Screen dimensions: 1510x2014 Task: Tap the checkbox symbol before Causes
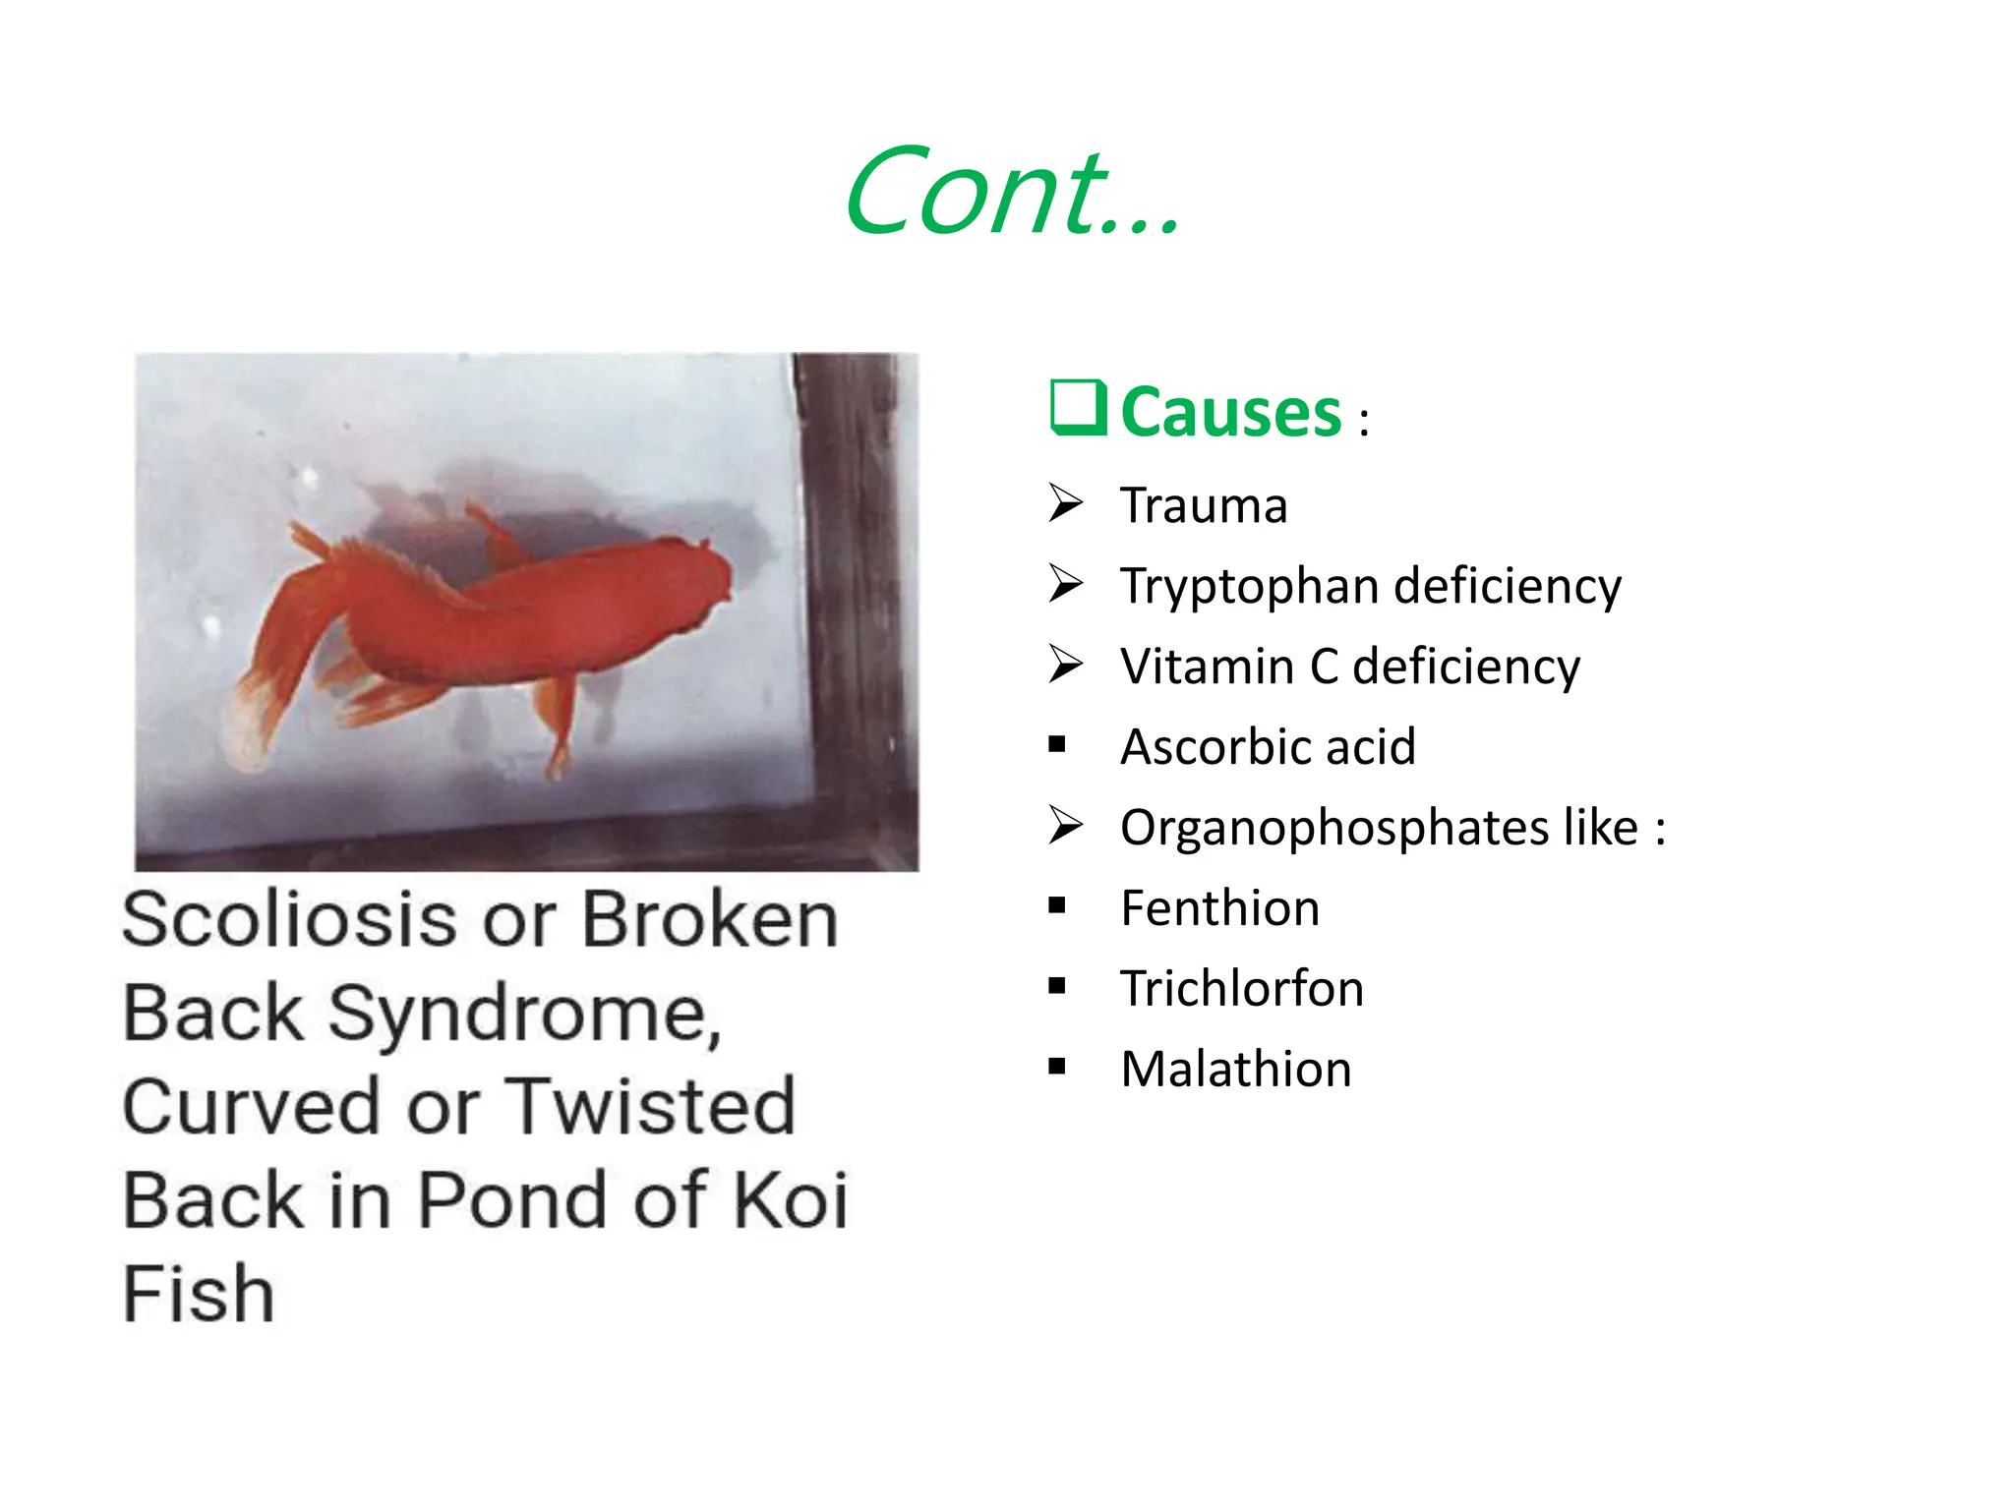1079,408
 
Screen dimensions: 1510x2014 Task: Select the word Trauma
1204,506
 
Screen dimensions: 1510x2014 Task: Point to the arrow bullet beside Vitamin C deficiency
1065,664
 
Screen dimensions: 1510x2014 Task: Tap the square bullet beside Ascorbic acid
1057,744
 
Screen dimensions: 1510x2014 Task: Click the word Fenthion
1219,907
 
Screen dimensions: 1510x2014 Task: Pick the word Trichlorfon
1242,988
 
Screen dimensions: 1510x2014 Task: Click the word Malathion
1236,1069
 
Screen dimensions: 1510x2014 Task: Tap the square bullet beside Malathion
1057,1066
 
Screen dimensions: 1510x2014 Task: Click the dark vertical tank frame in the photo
856,590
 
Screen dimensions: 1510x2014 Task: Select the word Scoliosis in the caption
289,920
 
